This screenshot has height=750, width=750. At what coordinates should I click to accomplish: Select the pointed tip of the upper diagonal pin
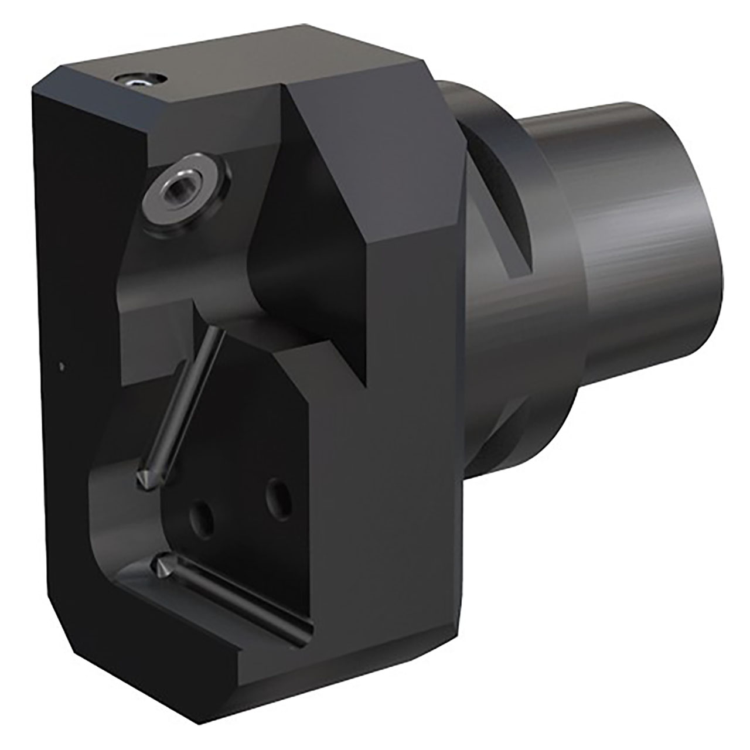[x=142, y=478]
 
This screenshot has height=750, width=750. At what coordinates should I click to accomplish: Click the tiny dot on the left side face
[x=62, y=367]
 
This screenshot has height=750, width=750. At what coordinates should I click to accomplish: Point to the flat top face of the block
[x=234, y=64]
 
